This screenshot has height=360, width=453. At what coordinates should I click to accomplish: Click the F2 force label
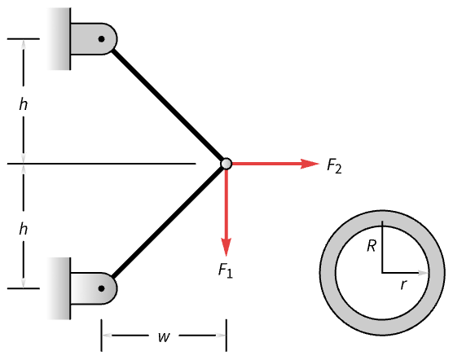click(334, 166)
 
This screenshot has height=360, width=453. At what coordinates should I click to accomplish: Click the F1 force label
click(226, 270)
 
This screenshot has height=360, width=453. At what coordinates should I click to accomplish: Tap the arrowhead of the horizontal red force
click(310, 164)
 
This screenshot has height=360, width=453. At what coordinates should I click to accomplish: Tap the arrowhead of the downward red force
click(226, 247)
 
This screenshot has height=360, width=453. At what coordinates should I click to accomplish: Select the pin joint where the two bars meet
click(226, 164)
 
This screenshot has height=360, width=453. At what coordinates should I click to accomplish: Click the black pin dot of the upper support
click(101, 39)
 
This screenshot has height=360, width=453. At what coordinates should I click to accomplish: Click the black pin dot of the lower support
click(101, 288)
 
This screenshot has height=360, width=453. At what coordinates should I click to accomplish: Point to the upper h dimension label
click(23, 104)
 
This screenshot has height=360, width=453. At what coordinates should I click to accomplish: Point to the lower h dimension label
click(23, 229)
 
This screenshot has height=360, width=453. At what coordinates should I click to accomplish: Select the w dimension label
click(164, 336)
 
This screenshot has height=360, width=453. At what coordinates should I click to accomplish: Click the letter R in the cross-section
click(372, 246)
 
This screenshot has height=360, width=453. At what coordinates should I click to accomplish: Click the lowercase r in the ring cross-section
click(403, 285)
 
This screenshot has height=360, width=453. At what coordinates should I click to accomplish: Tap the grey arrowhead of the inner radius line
click(423, 273)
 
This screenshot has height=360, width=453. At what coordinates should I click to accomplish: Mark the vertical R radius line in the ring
click(382, 247)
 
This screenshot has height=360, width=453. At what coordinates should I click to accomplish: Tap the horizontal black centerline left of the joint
click(101, 164)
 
